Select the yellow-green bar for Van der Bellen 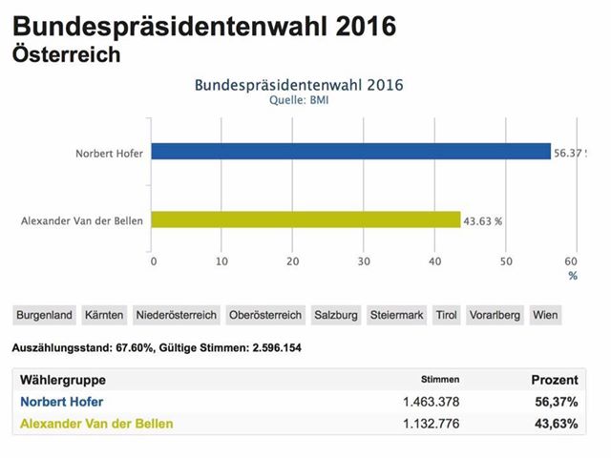pyautogui.click(x=306, y=220)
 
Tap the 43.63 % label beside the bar pyautogui.click(x=483, y=220)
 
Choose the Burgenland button pyautogui.click(x=44, y=314)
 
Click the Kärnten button pyautogui.click(x=105, y=314)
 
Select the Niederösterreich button pyautogui.click(x=177, y=314)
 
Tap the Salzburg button pyautogui.click(x=336, y=314)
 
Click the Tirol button pyautogui.click(x=446, y=314)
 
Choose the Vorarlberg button pyautogui.click(x=495, y=314)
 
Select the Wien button pyautogui.click(x=546, y=314)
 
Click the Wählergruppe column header pyautogui.click(x=63, y=380)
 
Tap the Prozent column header pyautogui.click(x=554, y=380)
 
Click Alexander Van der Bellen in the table pyautogui.click(x=96, y=424)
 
